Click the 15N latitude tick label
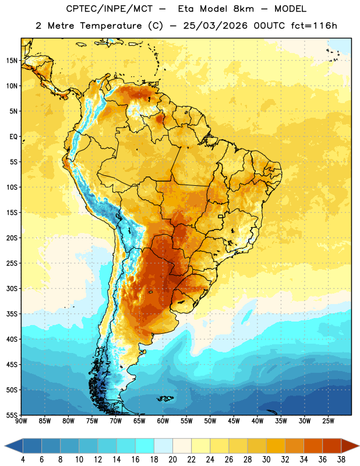click(12, 61)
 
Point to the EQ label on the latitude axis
click(13, 137)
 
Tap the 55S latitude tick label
click(12, 415)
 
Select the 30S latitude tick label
click(12, 288)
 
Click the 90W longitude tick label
click(21, 421)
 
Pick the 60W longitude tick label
click(163, 421)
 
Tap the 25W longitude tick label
click(328, 421)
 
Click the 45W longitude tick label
click(234, 421)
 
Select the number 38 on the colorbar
click(341, 460)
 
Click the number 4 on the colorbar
click(23, 460)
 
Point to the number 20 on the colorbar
click(172, 460)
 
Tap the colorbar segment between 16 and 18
click(145, 446)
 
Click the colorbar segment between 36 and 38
click(332, 446)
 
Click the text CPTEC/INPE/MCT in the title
click(110, 9)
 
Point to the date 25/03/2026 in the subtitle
click(215, 26)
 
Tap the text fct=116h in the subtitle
click(314, 26)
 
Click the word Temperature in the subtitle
click(111, 26)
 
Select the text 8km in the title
click(243, 9)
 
